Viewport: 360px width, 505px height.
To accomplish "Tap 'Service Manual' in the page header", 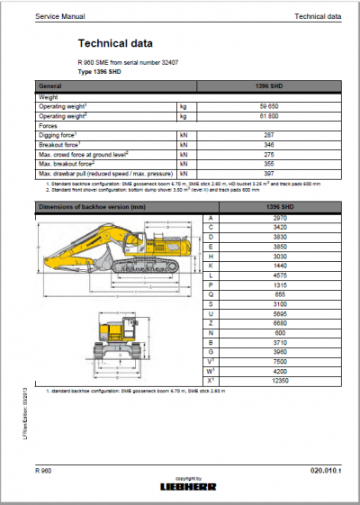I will (x=55, y=16).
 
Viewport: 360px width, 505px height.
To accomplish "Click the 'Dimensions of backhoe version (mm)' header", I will (x=90, y=206).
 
